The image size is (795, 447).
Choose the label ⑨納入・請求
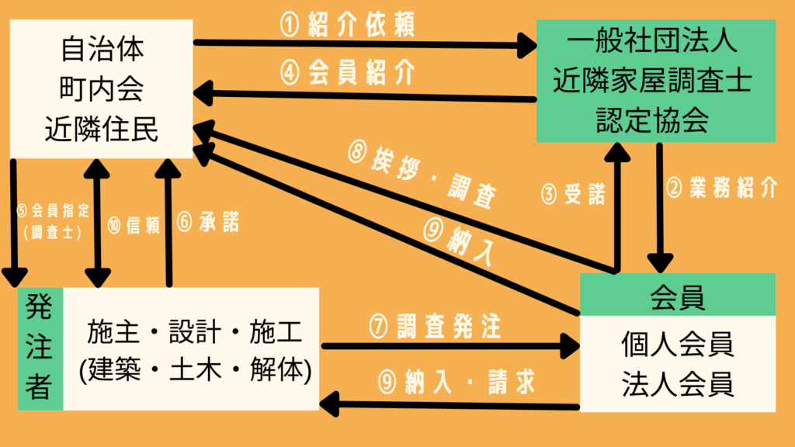446,381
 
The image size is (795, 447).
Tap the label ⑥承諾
207,223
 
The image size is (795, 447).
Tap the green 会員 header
678,296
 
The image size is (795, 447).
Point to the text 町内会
101,91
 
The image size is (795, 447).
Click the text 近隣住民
101,129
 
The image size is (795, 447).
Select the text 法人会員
678,384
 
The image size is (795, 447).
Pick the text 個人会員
678,344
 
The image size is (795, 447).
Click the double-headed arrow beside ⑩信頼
97,223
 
